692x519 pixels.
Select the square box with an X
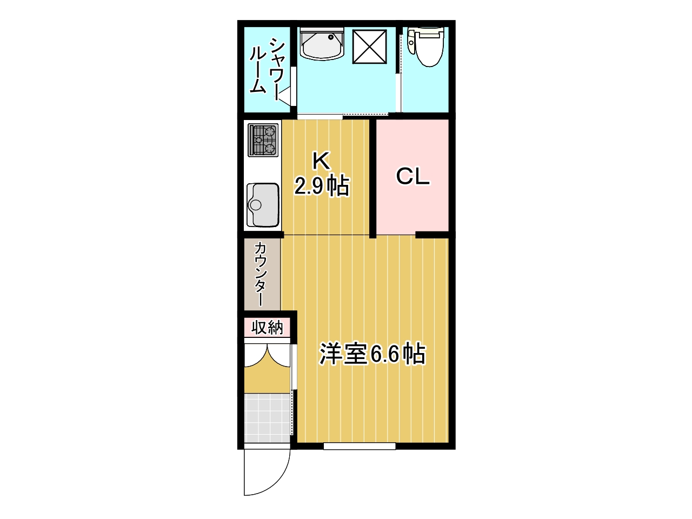(369, 46)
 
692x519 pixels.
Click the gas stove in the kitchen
(263, 140)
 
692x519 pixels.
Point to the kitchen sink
(262, 204)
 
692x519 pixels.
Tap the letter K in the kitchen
(321, 161)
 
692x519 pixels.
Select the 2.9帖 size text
(322, 186)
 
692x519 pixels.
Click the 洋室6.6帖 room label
(372, 354)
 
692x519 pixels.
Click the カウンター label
(261, 274)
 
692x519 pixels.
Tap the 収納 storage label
(267, 328)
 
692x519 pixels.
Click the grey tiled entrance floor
(267, 418)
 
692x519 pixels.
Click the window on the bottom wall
(360, 446)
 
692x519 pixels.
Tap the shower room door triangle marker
(286, 95)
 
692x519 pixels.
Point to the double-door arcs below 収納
(267, 356)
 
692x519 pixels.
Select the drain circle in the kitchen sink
(255, 205)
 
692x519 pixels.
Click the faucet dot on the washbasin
(331, 37)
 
